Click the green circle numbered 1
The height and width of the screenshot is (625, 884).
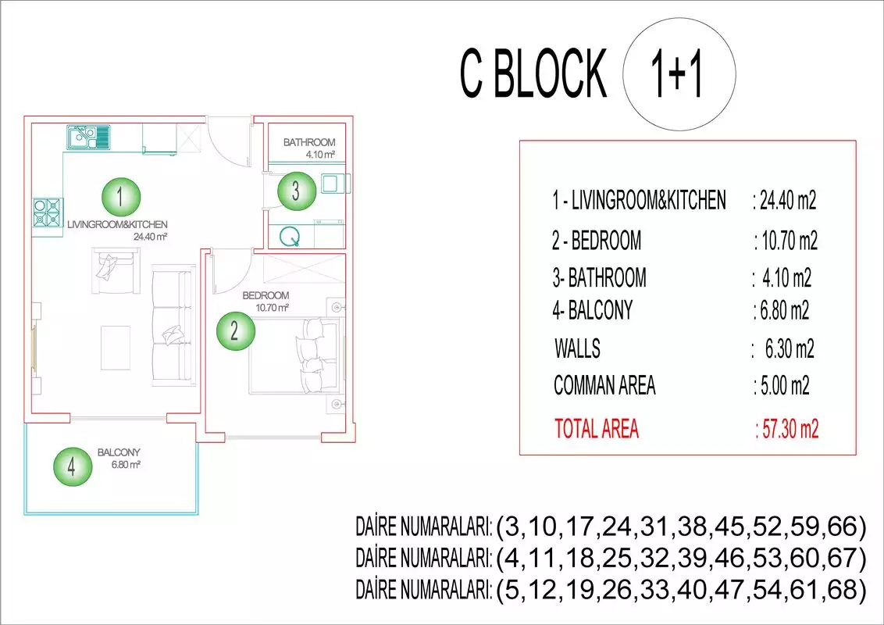click(120, 197)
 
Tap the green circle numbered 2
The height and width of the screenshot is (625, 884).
click(236, 330)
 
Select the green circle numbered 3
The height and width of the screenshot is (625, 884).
click(297, 191)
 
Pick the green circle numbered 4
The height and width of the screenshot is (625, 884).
click(73, 467)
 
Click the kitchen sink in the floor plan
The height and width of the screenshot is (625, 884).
click(88, 137)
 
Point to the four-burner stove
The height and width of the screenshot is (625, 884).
click(48, 213)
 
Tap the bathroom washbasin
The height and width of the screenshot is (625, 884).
click(333, 184)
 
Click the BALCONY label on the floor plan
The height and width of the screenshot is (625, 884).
click(119, 452)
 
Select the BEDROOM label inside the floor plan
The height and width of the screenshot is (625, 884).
click(266, 295)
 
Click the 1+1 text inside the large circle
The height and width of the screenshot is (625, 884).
click(676, 74)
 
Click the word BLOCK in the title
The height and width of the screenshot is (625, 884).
click(550, 74)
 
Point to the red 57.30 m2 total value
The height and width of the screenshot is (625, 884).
click(790, 429)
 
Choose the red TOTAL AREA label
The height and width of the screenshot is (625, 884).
click(597, 429)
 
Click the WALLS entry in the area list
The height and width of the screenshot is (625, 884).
click(577, 348)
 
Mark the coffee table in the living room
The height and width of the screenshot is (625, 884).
click(116, 348)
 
